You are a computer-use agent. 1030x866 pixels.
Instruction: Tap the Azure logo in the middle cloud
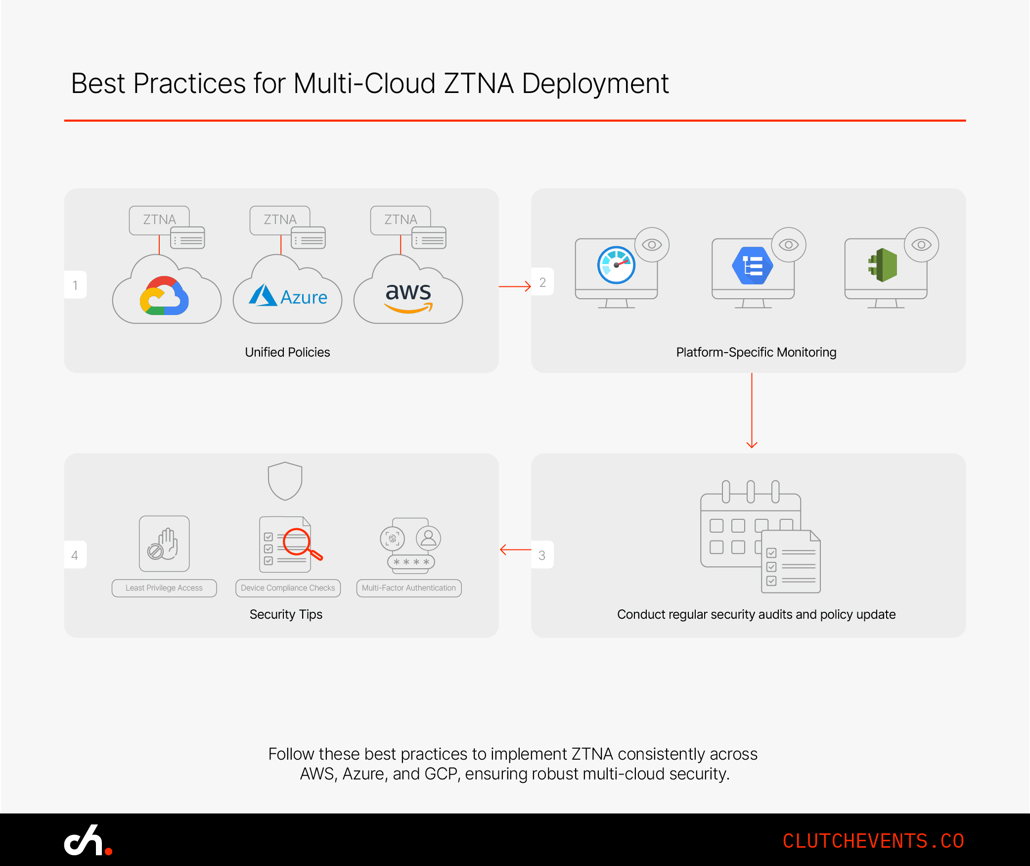coord(288,296)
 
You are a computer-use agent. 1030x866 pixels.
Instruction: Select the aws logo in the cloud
coord(408,297)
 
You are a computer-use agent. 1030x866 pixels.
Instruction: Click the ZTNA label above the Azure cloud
coord(280,220)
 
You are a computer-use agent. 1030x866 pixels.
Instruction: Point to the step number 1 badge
coord(75,285)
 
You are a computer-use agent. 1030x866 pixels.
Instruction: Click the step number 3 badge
coord(542,555)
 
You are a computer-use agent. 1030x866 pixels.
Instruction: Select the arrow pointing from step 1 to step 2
coord(515,286)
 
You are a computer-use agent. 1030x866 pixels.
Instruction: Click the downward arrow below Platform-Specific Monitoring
coord(752,410)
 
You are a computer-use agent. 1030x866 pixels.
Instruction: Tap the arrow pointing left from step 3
coord(515,549)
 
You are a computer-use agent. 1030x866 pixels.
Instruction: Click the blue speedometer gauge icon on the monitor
coord(616,265)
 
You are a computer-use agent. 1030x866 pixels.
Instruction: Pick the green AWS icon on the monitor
coord(883,266)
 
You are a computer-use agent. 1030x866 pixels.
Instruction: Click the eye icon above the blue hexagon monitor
coord(789,245)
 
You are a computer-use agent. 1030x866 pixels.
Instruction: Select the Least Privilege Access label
coord(164,588)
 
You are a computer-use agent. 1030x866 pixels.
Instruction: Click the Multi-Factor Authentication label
coord(409,588)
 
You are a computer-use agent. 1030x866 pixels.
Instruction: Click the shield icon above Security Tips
coord(285,481)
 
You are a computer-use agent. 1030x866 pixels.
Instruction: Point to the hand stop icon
coord(164,544)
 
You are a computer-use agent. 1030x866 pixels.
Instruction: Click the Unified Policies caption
coord(287,352)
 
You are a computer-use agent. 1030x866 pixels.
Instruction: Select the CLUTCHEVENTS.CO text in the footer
coord(873,841)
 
